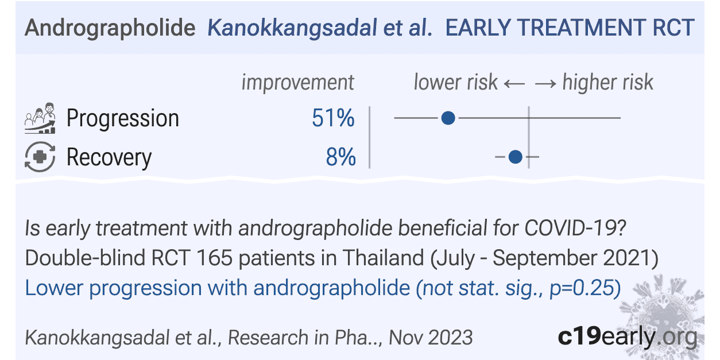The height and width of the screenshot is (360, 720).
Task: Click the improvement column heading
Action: pyautogui.click(x=297, y=83)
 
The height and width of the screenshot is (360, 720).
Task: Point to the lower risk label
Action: pyautogui.click(x=455, y=83)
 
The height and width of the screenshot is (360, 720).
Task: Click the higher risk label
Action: pyautogui.click(x=607, y=83)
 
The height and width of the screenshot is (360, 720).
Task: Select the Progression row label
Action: pyautogui.click(x=123, y=118)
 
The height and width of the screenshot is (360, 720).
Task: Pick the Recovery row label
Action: pyautogui.click(x=109, y=157)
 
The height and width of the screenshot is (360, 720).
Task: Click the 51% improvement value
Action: pyautogui.click(x=334, y=118)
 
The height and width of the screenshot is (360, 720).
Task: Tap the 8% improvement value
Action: pyautogui.click(x=341, y=157)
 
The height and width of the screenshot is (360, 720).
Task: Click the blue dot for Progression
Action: pyautogui.click(x=448, y=118)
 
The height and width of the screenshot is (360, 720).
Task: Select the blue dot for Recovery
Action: pyautogui.click(x=516, y=156)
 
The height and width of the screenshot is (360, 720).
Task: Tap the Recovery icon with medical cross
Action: pyautogui.click(x=40, y=157)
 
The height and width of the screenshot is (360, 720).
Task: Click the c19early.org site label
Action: pyautogui.click(x=628, y=336)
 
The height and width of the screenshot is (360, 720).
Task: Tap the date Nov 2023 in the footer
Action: pyautogui.click(x=431, y=337)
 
